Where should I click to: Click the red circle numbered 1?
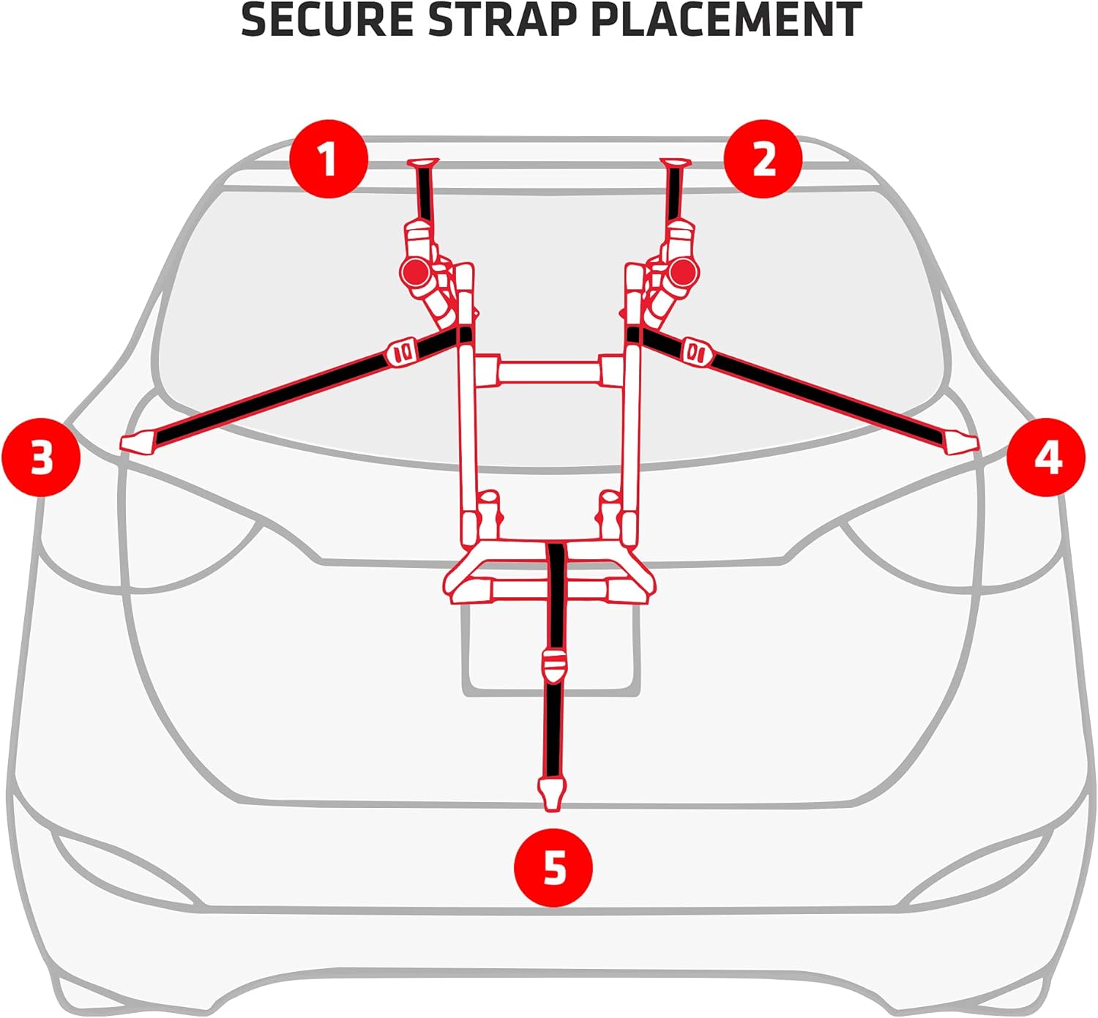tap(329, 159)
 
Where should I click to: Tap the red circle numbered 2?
tap(763, 159)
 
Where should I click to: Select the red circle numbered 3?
tap(42, 457)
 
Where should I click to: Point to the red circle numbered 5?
tap(554, 867)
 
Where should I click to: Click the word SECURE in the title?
tap(328, 20)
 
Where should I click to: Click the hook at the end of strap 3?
tap(138, 442)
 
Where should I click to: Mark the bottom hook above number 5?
tap(553, 794)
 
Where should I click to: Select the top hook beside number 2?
tap(675, 163)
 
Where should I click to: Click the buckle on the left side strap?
tap(401, 353)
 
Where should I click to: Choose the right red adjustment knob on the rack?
tap(682, 272)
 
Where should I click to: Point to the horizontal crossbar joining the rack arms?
tap(549, 371)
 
